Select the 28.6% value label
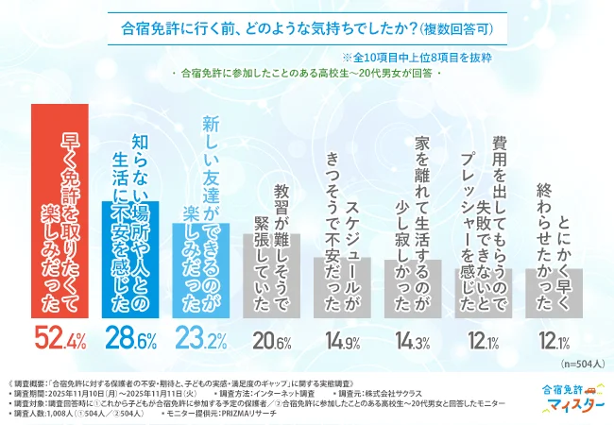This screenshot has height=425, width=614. [x=132, y=336]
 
